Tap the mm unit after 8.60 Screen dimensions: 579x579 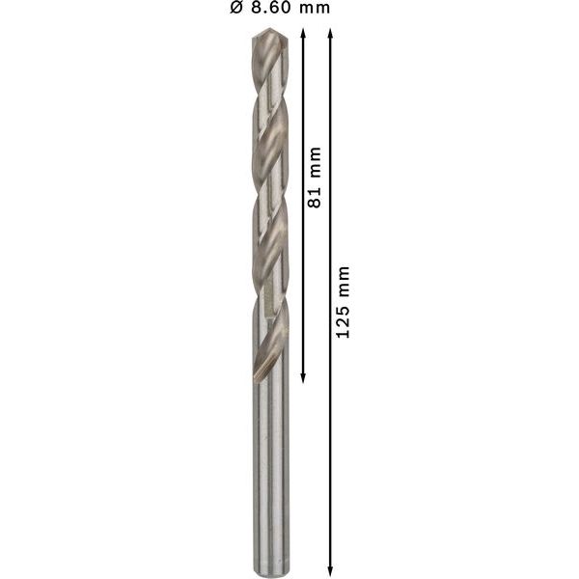pos(311,9)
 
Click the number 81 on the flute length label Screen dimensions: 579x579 pos(314,196)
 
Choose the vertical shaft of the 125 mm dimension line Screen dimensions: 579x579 pos(331,434)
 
